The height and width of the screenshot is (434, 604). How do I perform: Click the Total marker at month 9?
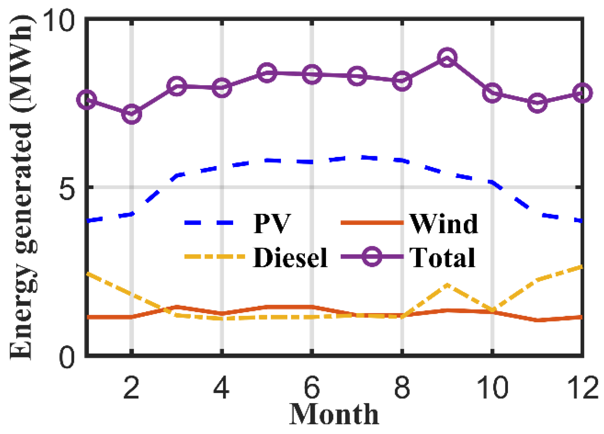447,57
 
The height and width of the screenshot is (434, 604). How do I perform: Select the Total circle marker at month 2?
132,114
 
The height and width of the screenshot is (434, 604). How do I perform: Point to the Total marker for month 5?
267,72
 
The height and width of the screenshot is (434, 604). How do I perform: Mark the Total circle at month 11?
537,102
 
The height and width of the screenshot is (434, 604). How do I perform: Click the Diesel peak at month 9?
447,285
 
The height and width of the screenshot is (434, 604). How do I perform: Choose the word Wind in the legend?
444,224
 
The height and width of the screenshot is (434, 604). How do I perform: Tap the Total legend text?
442,258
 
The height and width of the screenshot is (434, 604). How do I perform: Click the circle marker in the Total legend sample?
372,257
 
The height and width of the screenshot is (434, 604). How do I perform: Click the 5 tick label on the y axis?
66,187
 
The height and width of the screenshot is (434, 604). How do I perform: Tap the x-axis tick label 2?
131,387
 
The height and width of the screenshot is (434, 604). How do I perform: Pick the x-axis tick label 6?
312,387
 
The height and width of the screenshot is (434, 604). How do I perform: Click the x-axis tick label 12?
582,387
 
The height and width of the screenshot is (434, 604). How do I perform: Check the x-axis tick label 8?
402,387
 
